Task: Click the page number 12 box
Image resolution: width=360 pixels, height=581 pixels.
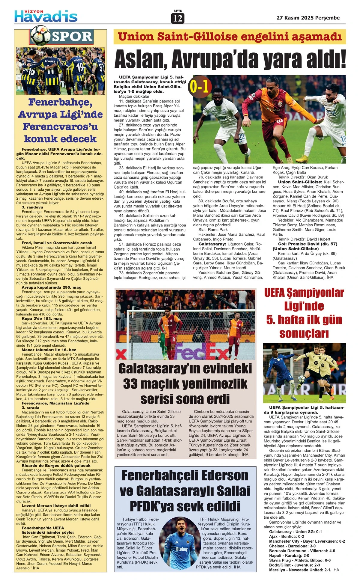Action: (x=178, y=19)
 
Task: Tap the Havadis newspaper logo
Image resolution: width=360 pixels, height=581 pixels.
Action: (x=46, y=16)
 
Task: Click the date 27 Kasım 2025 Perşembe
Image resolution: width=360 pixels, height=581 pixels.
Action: (x=308, y=18)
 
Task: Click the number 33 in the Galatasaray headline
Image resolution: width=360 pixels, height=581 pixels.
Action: (x=130, y=384)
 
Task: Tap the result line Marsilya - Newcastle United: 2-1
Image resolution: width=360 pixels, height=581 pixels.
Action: (x=304, y=570)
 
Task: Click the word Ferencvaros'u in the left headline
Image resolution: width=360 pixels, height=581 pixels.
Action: (x=61, y=127)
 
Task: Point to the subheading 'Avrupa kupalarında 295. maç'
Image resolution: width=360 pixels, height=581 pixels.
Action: (x=51, y=287)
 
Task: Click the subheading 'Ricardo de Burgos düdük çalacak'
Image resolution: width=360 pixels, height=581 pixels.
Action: (x=56, y=465)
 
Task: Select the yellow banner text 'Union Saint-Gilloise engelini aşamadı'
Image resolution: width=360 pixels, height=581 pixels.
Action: (x=230, y=37)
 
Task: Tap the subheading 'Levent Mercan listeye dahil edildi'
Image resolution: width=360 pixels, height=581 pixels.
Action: (x=56, y=505)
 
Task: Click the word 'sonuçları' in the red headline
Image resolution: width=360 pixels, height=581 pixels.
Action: (x=304, y=333)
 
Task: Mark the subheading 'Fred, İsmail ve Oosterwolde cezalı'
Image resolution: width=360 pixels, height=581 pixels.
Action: (x=57, y=243)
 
